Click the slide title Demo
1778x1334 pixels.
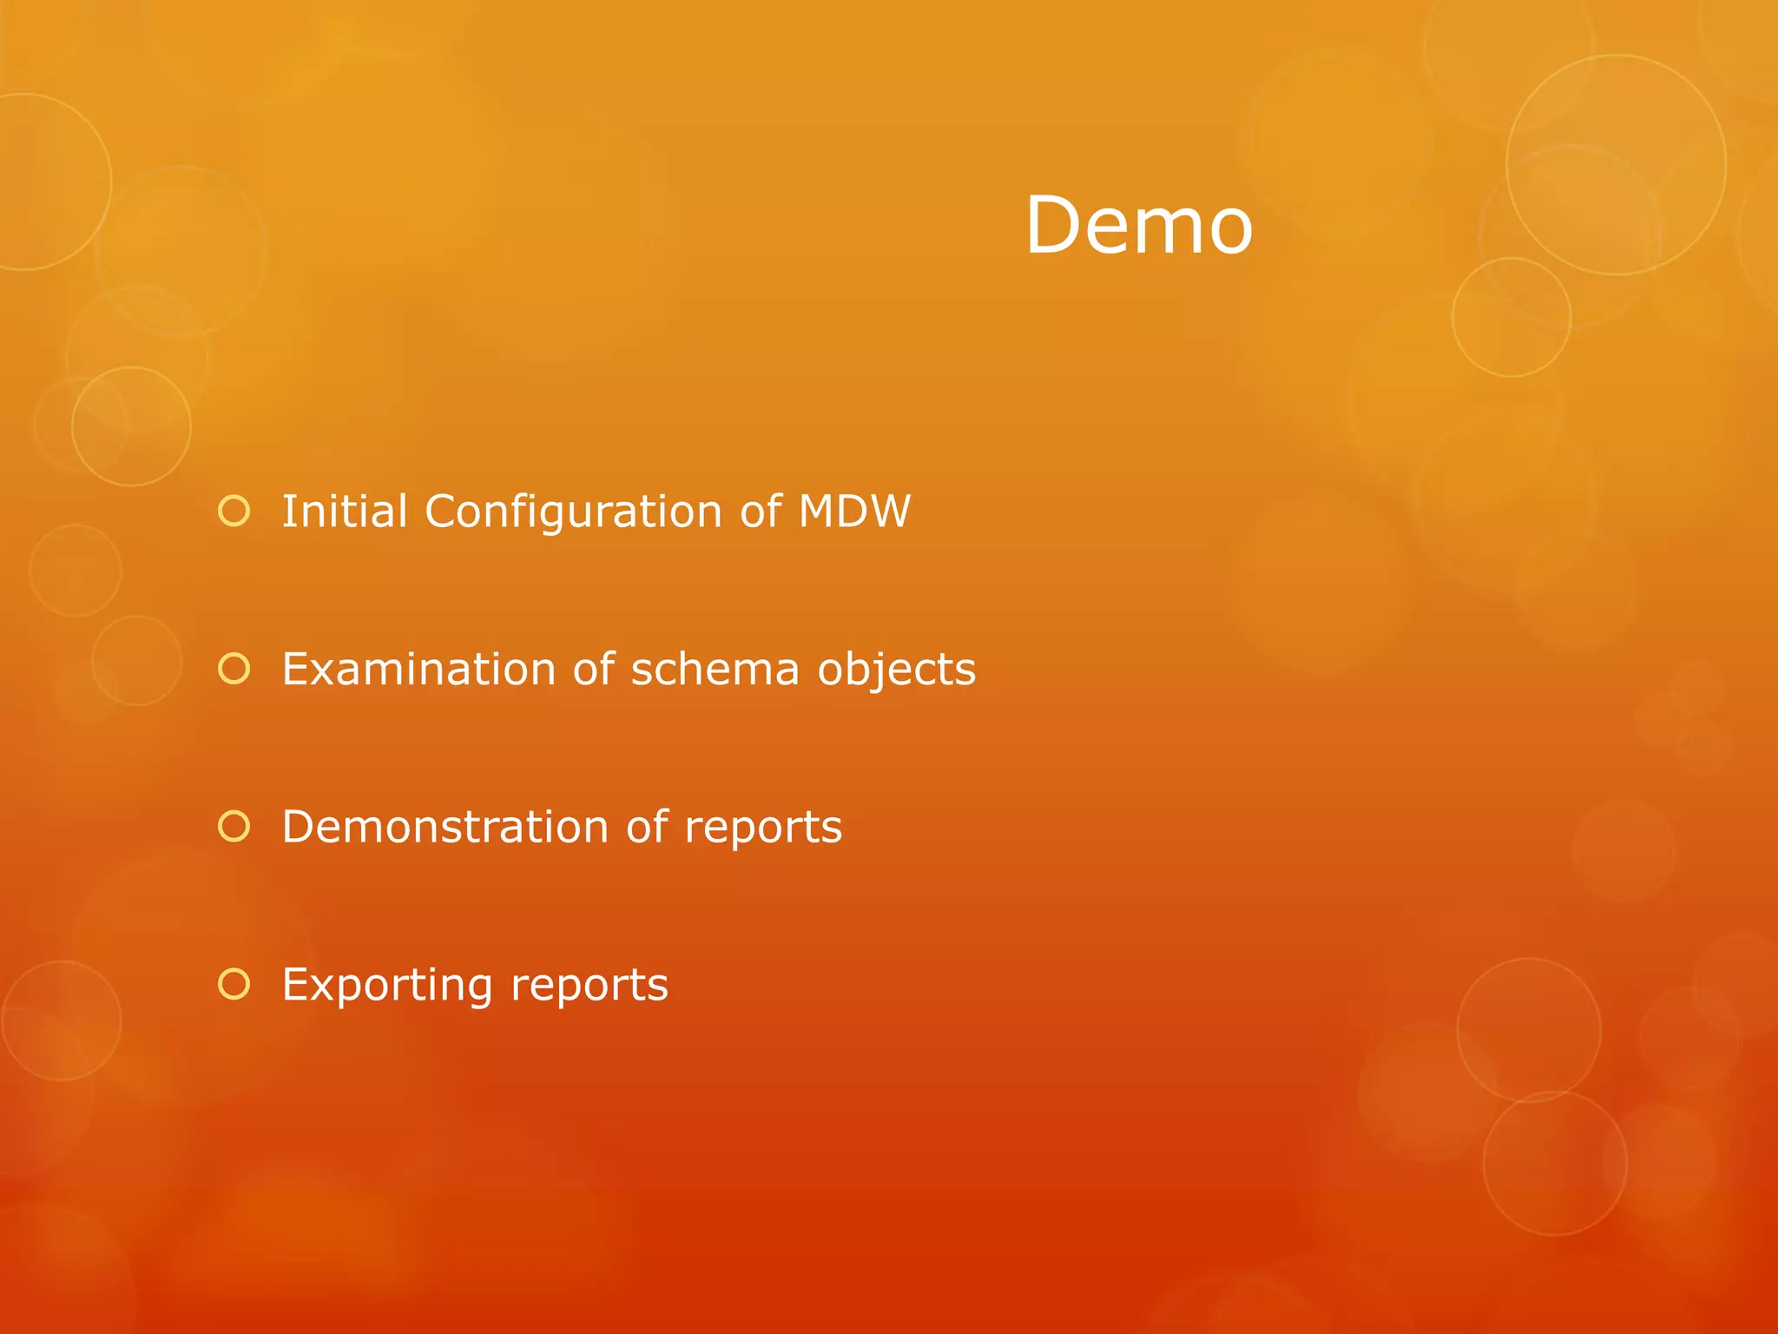tap(1139, 226)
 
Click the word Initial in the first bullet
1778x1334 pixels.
tap(345, 511)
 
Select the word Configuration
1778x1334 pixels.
tap(573, 512)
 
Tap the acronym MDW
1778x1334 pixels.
tap(854, 511)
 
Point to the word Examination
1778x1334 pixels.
tap(418, 670)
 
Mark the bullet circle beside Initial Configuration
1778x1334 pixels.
tap(234, 512)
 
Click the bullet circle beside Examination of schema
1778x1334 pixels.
tap(234, 669)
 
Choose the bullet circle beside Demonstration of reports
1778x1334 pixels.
tap(234, 827)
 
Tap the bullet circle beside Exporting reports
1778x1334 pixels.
tap(234, 984)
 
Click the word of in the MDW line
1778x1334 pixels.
tap(761, 511)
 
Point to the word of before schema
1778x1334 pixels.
tap(594, 670)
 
